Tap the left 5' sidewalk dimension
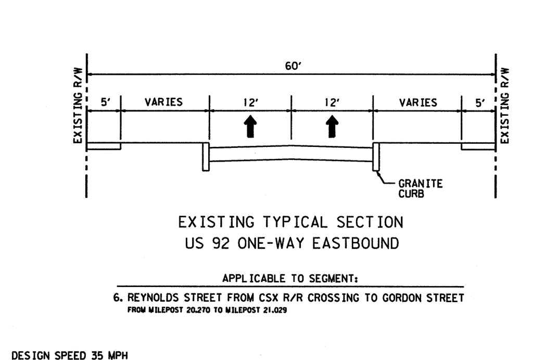click(106, 103)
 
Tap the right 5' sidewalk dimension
click(478, 103)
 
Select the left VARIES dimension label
click(164, 103)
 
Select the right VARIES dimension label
click(418, 103)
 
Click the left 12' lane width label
click(250, 103)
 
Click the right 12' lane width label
click(332, 103)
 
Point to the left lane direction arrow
click(250, 127)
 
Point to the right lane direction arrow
click(332, 127)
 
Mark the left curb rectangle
click(206, 157)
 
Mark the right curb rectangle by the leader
click(376, 157)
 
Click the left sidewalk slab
click(104, 146)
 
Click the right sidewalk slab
click(478, 146)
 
